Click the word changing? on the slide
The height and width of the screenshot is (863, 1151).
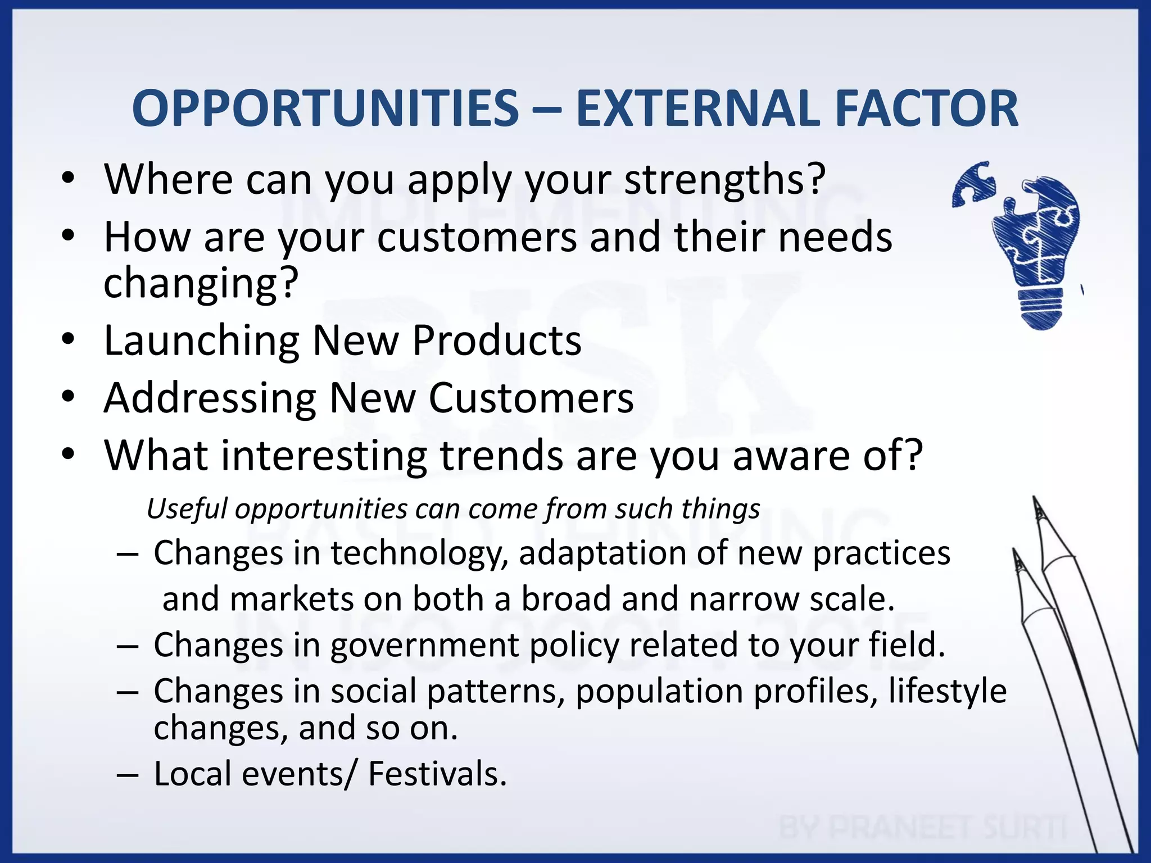coord(200,283)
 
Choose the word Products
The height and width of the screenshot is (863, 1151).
coord(497,340)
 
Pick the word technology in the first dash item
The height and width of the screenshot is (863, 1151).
coord(419,554)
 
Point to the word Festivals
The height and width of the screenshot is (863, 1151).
coord(437,774)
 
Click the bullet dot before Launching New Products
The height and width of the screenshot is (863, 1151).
coord(68,339)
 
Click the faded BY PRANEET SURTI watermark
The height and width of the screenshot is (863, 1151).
coord(922,827)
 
